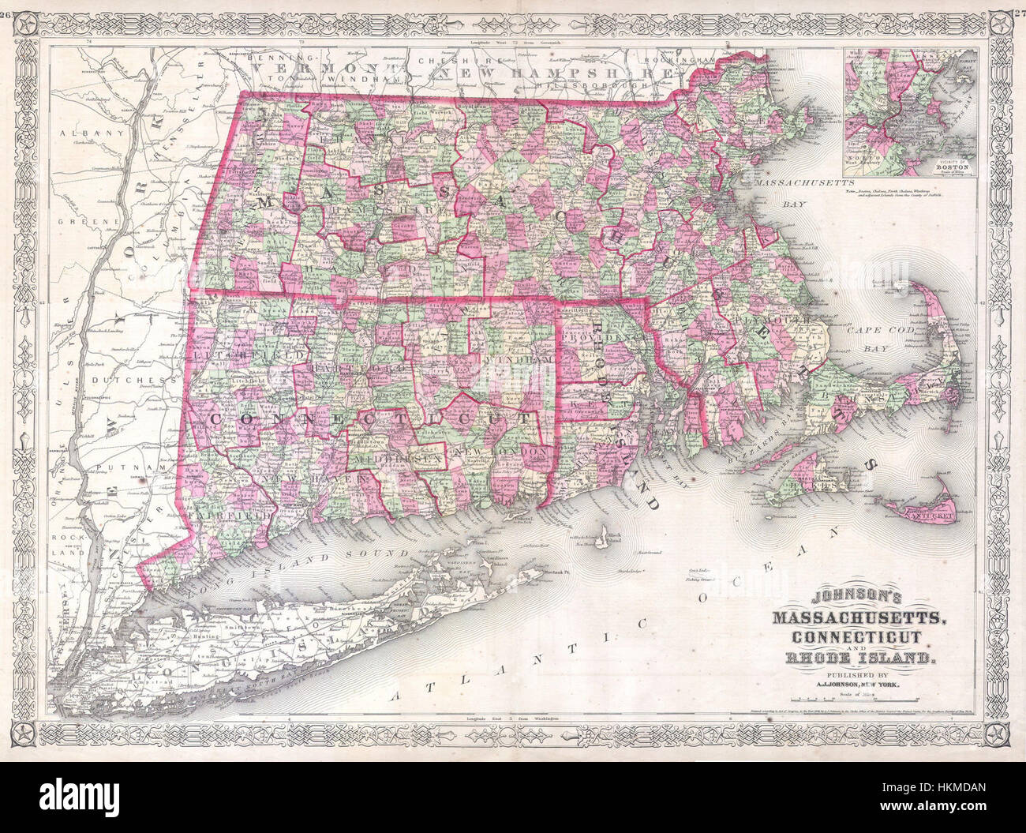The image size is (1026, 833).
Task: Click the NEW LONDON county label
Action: (503, 450)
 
